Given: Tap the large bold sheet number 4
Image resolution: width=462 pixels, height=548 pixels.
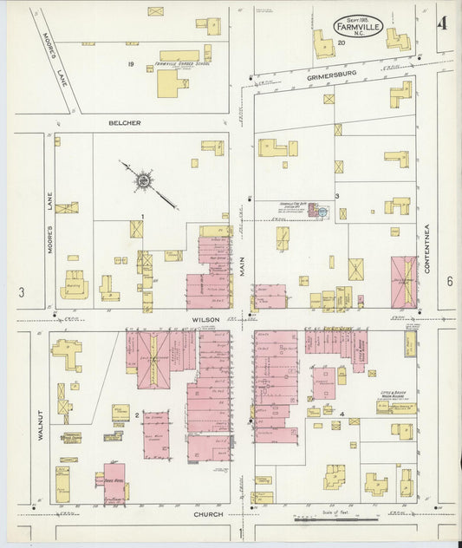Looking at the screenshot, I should click(x=442, y=23).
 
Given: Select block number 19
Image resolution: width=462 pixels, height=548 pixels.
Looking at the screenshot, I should click(x=131, y=64).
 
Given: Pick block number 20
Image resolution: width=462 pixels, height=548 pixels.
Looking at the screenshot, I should click(x=342, y=42).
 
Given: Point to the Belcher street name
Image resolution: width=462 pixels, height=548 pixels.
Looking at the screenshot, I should click(x=124, y=123).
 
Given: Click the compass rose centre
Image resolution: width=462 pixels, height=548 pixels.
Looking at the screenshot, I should click(x=144, y=181).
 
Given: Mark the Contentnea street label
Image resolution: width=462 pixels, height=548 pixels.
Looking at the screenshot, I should click(x=427, y=250).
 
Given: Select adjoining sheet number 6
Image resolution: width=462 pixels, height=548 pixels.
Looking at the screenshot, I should click(x=450, y=282).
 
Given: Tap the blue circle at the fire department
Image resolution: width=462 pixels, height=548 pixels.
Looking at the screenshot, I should click(x=322, y=211).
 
